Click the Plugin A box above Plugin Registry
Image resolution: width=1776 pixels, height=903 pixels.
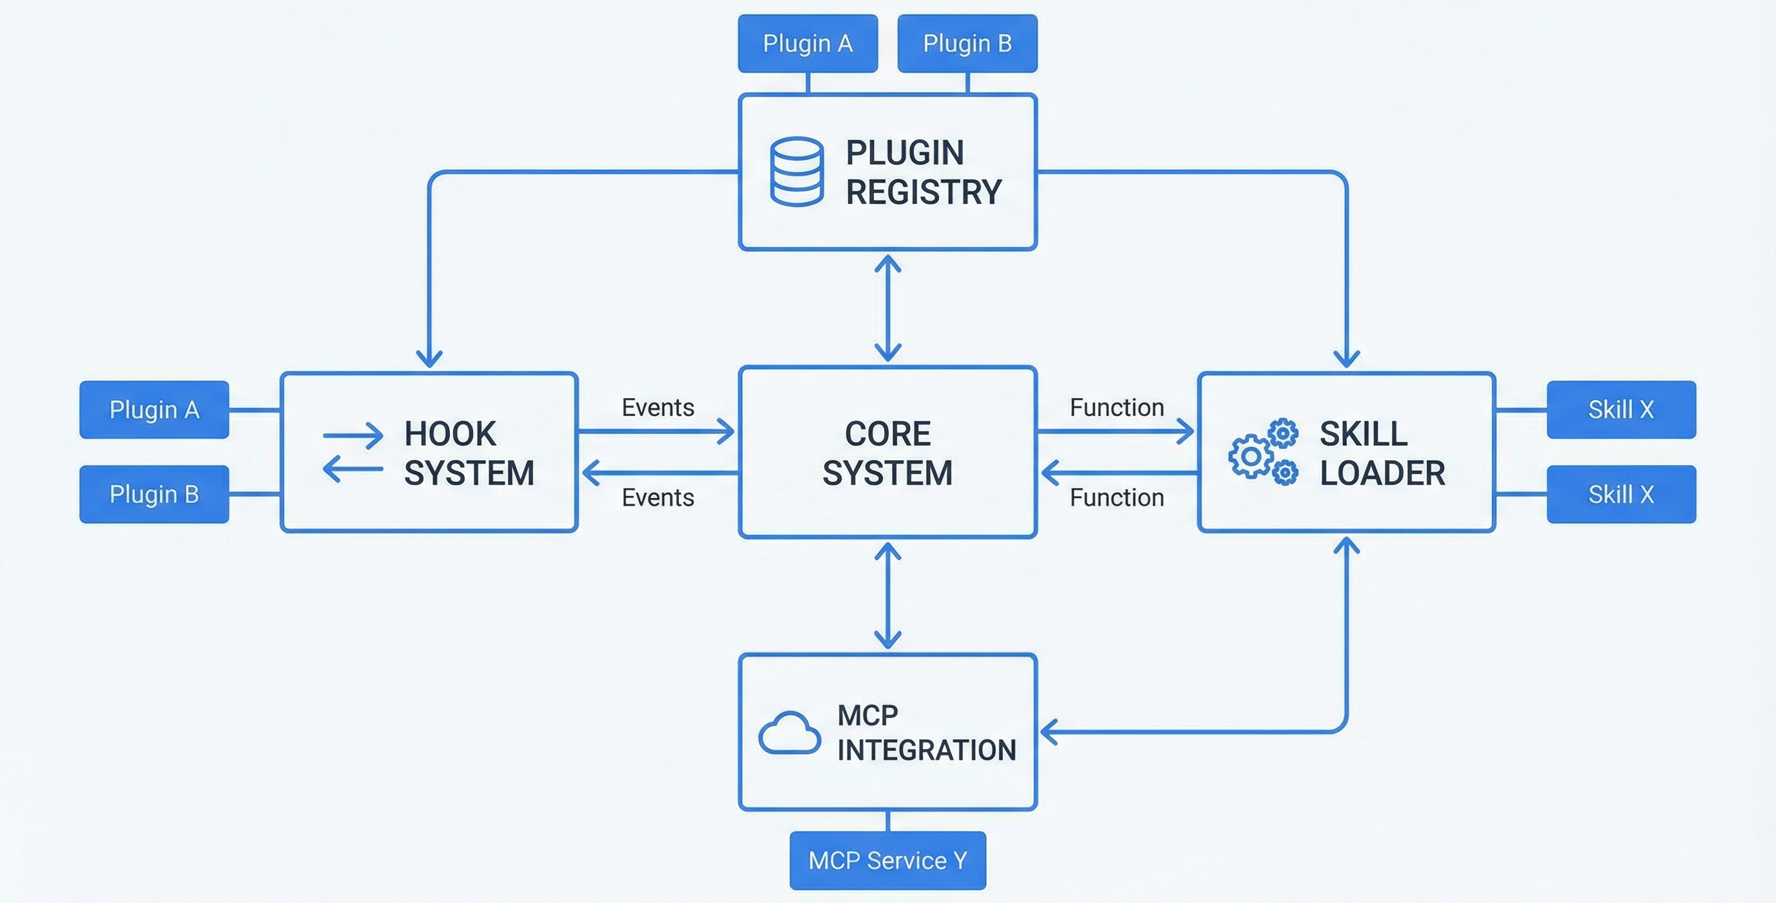tap(807, 43)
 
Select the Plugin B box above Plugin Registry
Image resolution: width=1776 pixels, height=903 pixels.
tap(967, 43)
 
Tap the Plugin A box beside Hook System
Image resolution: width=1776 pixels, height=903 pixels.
tap(154, 410)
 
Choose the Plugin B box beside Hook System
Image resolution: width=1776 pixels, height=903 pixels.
tap(154, 494)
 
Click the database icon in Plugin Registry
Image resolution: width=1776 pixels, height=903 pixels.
tap(796, 172)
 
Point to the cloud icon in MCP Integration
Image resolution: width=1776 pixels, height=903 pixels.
tap(789, 733)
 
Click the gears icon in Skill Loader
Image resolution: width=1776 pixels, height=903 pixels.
tap(1264, 451)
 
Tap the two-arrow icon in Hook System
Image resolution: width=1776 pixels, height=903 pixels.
tap(353, 451)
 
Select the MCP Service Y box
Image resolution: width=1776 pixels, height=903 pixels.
tap(887, 860)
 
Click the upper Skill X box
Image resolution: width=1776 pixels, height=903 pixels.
tap(1621, 410)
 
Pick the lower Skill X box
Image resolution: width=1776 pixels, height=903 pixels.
tap(1621, 494)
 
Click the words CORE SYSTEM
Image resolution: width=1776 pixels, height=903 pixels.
tap(887, 453)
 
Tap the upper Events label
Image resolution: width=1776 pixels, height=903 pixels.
tap(658, 408)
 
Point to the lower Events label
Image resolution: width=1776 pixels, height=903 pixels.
tap(658, 498)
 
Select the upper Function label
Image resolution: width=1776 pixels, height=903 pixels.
tap(1116, 408)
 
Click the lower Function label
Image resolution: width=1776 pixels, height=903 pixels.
tap(1116, 498)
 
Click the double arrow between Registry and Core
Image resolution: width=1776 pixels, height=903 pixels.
tap(887, 308)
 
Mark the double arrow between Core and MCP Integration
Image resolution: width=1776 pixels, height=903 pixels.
tap(887, 595)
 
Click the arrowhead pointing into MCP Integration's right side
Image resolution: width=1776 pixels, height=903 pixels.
tap(1049, 731)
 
